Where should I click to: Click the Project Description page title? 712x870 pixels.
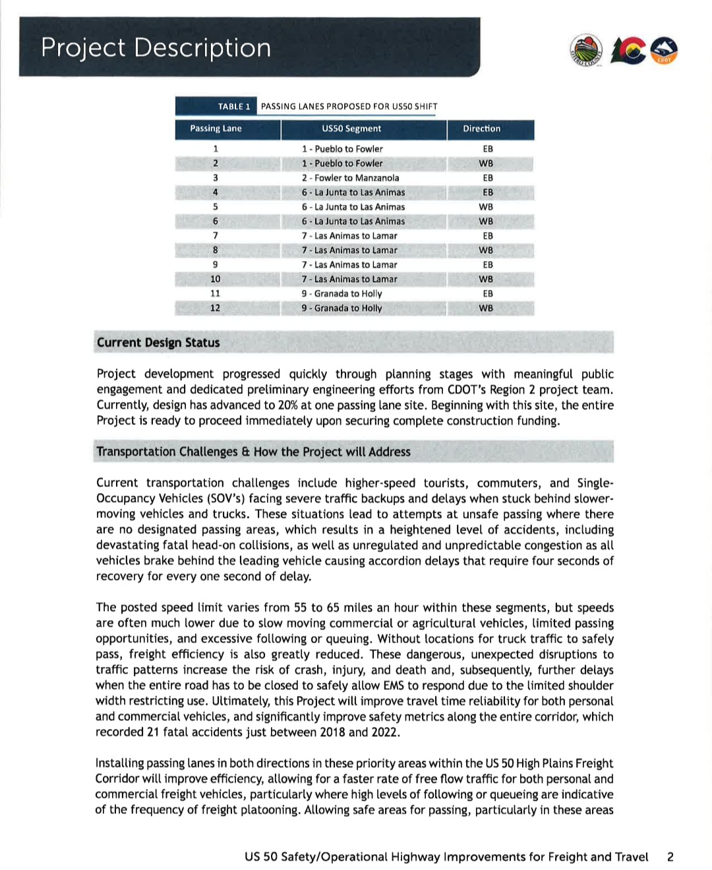[156, 48]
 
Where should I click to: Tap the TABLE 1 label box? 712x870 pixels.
[234, 106]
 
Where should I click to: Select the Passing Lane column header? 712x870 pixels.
[216, 129]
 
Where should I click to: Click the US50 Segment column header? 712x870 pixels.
[351, 129]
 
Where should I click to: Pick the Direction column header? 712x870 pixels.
[481, 129]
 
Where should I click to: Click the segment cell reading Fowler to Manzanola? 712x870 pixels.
[350, 178]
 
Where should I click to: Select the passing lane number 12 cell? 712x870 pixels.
[215, 308]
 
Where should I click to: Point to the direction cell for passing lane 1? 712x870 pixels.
[488, 149]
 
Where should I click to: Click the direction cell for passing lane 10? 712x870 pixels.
[486, 279]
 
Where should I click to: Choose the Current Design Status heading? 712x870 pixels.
[158, 343]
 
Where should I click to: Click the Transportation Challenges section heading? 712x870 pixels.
[253, 451]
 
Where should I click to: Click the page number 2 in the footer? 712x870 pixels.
[670, 857]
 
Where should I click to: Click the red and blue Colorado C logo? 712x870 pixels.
[628, 51]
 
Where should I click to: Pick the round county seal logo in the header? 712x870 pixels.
[586, 51]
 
